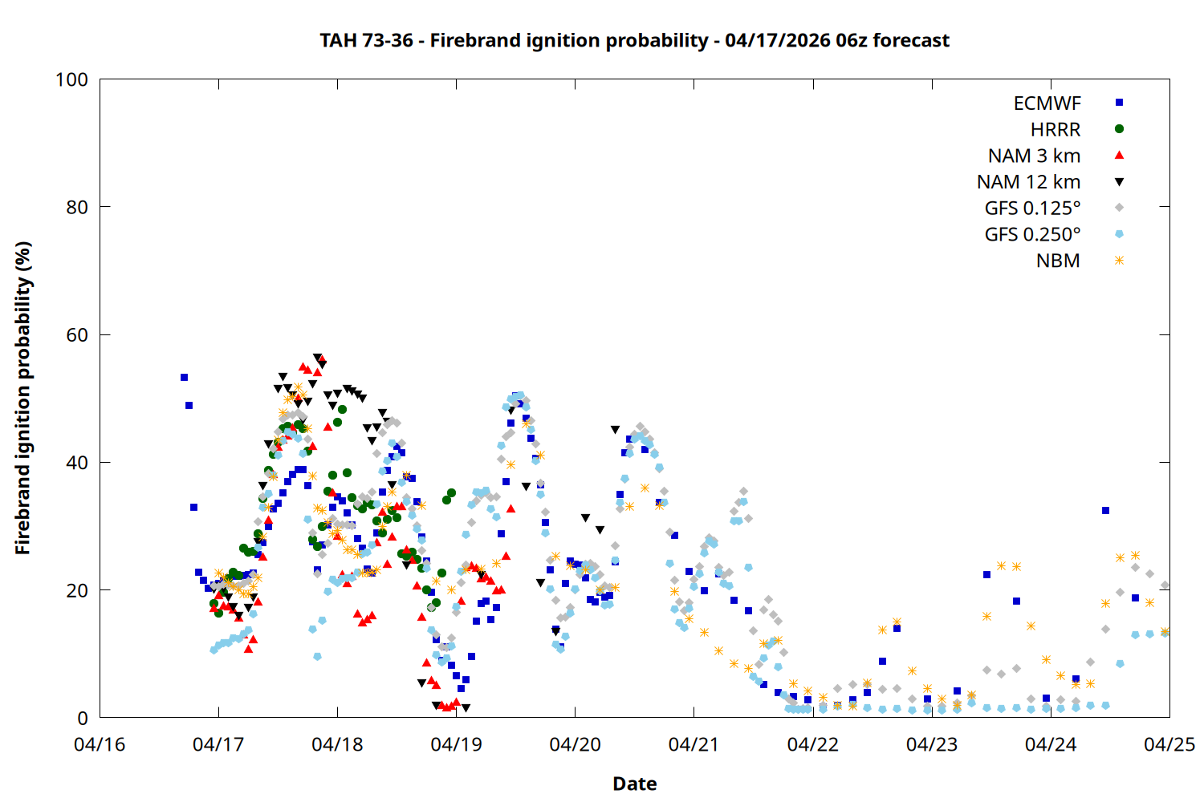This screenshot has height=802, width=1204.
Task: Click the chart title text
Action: (x=634, y=40)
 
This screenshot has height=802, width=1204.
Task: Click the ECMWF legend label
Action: (x=1047, y=103)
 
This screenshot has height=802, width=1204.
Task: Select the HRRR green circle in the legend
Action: (x=1119, y=129)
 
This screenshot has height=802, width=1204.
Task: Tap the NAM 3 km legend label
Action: (x=1034, y=156)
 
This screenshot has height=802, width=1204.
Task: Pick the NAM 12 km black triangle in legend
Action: (x=1119, y=181)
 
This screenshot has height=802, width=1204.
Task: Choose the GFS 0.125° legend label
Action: (x=1032, y=209)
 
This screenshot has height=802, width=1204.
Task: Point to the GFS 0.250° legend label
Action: (x=1032, y=234)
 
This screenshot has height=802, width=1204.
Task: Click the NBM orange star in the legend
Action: (x=1119, y=261)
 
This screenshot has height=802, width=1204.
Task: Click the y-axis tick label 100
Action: (x=71, y=80)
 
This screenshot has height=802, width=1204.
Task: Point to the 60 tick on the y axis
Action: (x=77, y=335)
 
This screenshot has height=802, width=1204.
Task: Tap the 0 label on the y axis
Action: (x=83, y=719)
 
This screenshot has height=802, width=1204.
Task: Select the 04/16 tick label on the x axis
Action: (x=100, y=745)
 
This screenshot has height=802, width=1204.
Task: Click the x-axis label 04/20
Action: (x=575, y=745)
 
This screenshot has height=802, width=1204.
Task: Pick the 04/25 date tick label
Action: (x=1169, y=745)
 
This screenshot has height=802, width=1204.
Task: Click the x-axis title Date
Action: (x=634, y=784)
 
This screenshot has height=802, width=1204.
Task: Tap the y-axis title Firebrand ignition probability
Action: (x=22, y=398)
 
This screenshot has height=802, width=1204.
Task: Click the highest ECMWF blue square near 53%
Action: (x=184, y=377)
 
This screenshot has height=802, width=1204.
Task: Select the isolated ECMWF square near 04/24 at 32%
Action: (x=1105, y=510)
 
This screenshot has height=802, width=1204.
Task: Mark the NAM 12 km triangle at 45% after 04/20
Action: (x=615, y=430)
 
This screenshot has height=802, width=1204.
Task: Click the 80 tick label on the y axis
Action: (x=77, y=208)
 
